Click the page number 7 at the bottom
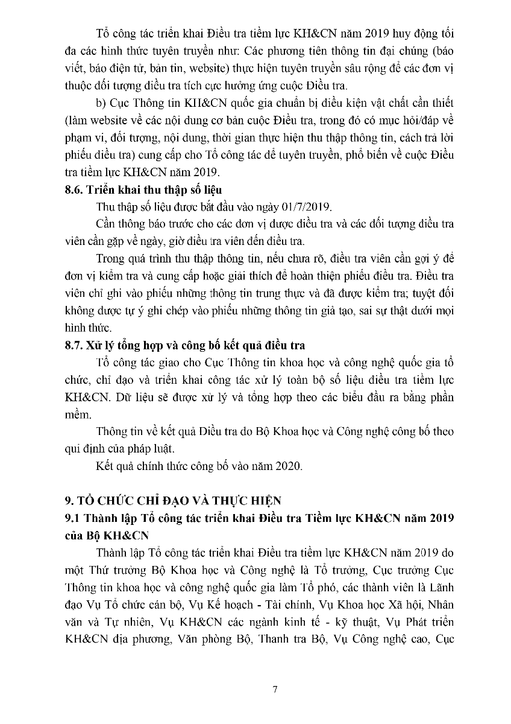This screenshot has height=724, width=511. click(275, 690)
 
